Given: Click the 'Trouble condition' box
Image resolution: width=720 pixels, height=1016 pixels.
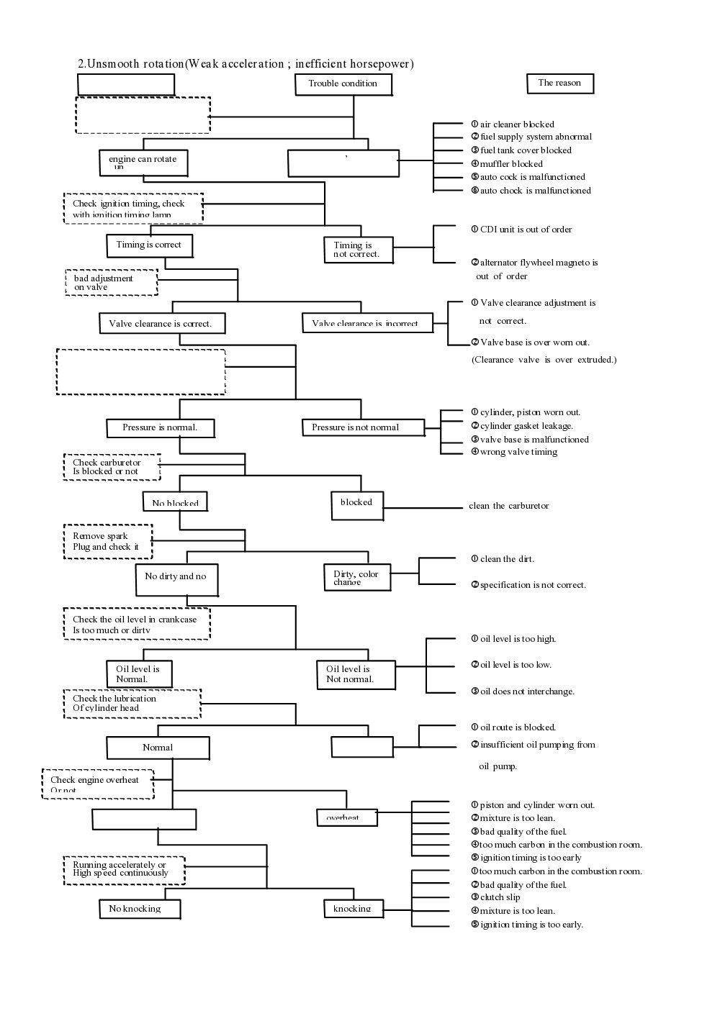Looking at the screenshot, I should (x=343, y=84).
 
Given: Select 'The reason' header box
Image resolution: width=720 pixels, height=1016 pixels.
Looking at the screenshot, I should (x=559, y=83).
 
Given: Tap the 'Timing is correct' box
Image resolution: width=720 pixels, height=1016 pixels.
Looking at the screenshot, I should (x=149, y=245).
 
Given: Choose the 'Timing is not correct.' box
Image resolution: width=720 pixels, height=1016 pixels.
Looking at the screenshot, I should (x=358, y=250).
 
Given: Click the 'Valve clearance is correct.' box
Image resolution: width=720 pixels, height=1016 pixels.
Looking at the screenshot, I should (x=161, y=324).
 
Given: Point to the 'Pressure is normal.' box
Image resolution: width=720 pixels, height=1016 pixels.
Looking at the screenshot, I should (x=161, y=427).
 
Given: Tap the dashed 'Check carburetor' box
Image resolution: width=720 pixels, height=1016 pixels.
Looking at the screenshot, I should (x=112, y=467).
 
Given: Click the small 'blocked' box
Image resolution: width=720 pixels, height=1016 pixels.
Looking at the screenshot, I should (x=356, y=503).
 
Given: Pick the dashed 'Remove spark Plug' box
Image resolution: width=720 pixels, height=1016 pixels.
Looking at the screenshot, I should (x=108, y=541).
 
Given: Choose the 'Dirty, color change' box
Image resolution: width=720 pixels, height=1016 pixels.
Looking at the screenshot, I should (x=357, y=577).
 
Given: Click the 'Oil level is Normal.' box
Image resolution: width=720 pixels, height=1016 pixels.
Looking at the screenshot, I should (x=139, y=674).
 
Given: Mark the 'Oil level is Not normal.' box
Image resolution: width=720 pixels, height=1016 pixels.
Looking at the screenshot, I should (x=356, y=674).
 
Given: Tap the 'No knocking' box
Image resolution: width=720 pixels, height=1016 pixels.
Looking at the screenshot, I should (x=139, y=909).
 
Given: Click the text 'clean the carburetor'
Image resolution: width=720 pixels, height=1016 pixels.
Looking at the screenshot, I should (x=508, y=506).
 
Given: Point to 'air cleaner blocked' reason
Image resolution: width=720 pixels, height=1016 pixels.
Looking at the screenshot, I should (x=516, y=124).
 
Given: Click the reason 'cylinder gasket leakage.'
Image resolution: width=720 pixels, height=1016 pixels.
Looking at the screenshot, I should (x=526, y=426).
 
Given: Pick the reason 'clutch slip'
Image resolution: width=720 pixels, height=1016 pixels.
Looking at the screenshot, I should (x=500, y=897).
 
